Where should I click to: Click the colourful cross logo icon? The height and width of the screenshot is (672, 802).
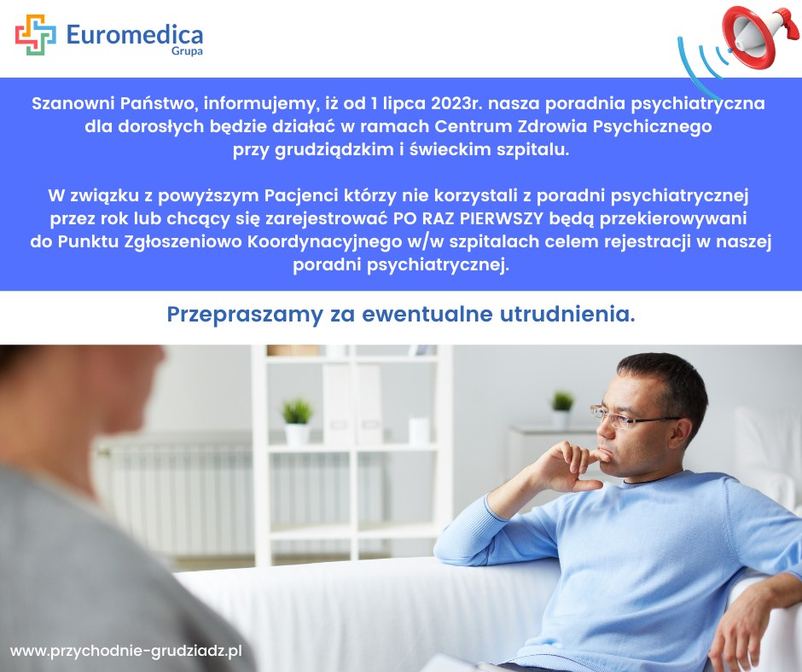35,35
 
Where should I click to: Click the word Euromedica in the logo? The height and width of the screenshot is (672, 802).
135,35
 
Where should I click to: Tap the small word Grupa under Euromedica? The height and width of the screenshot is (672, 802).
187,52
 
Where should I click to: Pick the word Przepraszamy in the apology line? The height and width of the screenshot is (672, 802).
245,315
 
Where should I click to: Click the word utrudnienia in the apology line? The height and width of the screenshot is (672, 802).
567,314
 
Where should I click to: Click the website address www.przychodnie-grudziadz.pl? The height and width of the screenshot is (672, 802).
125,651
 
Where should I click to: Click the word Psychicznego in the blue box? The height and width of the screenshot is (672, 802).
652,126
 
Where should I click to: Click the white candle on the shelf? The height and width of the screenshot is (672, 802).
419,431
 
